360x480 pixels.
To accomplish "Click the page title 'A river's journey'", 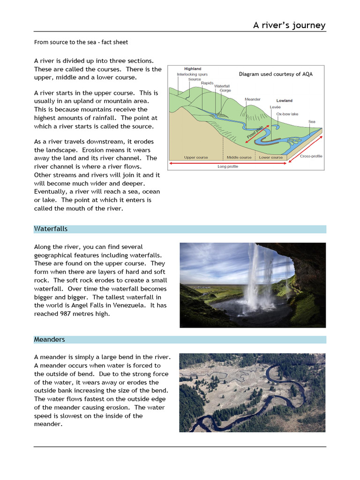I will tap(289, 25).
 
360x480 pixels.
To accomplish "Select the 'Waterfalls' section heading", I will tap(51, 229).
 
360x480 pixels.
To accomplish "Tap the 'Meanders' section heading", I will tap(49, 339).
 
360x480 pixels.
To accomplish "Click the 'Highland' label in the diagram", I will tap(192, 69).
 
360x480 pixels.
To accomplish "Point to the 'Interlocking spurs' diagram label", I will tap(192, 75).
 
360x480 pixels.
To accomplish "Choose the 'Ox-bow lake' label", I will tap(287, 114).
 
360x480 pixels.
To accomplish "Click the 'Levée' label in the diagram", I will tap(275, 107).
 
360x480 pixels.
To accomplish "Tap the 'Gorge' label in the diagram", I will tap(225, 90).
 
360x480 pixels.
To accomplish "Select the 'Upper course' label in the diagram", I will tap(196, 157).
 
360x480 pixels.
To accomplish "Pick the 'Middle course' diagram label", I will tap(239, 157).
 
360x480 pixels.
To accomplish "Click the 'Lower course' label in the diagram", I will tap(271, 157).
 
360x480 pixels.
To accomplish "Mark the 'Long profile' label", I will tap(228, 166).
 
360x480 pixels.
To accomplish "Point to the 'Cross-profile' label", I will tap(311, 156).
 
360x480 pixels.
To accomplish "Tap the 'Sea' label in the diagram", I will tap(312, 121).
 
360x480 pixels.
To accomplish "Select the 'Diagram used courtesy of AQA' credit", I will tap(276, 74).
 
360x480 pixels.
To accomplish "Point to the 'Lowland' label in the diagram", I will tap(284, 100).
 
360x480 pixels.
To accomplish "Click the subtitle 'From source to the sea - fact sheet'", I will tap(81, 42).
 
